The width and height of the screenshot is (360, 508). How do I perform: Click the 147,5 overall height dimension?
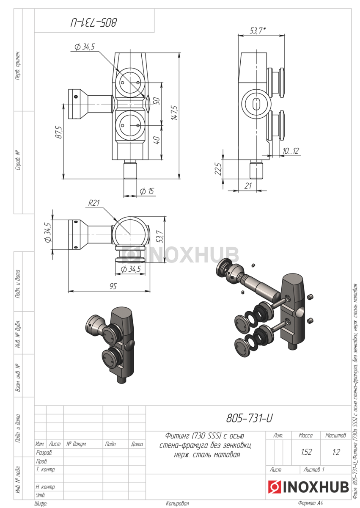[174, 113]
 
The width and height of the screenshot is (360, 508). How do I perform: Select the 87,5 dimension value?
[58, 132]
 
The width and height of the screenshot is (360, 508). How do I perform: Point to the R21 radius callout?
[94, 202]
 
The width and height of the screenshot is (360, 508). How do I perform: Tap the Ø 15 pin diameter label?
[147, 191]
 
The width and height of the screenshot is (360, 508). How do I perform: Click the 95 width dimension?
[113, 286]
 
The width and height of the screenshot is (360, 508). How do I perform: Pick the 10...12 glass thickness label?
[291, 151]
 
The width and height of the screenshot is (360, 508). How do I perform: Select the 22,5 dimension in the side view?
[218, 169]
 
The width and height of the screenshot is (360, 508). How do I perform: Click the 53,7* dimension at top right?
[258, 30]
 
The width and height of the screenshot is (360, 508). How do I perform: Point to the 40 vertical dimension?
[157, 140]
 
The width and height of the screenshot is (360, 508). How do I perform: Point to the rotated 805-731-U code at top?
[93, 23]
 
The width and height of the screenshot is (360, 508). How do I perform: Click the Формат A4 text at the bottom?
[310, 503]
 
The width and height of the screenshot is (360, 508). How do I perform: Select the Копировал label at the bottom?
[177, 503]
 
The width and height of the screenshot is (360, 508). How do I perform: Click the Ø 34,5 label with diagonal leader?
[85, 47]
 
